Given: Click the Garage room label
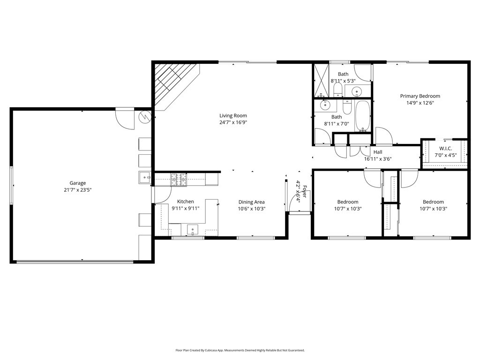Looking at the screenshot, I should pyautogui.click(x=78, y=183).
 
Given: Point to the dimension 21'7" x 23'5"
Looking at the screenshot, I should pyautogui.click(x=78, y=190).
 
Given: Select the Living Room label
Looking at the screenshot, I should pyautogui.click(x=233, y=116).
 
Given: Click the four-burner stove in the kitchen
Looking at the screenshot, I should pyautogui.click(x=178, y=179).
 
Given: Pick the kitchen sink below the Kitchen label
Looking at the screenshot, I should pyautogui.click(x=193, y=230).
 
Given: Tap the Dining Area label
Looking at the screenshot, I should pyautogui.click(x=251, y=202).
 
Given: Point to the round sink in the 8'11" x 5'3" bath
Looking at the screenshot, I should pyautogui.click(x=357, y=91).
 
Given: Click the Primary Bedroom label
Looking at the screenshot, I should pyautogui.click(x=420, y=96).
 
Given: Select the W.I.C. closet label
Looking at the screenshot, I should pyautogui.click(x=445, y=149).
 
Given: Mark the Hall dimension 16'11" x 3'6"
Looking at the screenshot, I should pyautogui.click(x=377, y=159).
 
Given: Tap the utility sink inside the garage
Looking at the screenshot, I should pyautogui.click(x=144, y=177).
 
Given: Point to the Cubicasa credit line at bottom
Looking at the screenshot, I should pyautogui.click(x=240, y=350).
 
